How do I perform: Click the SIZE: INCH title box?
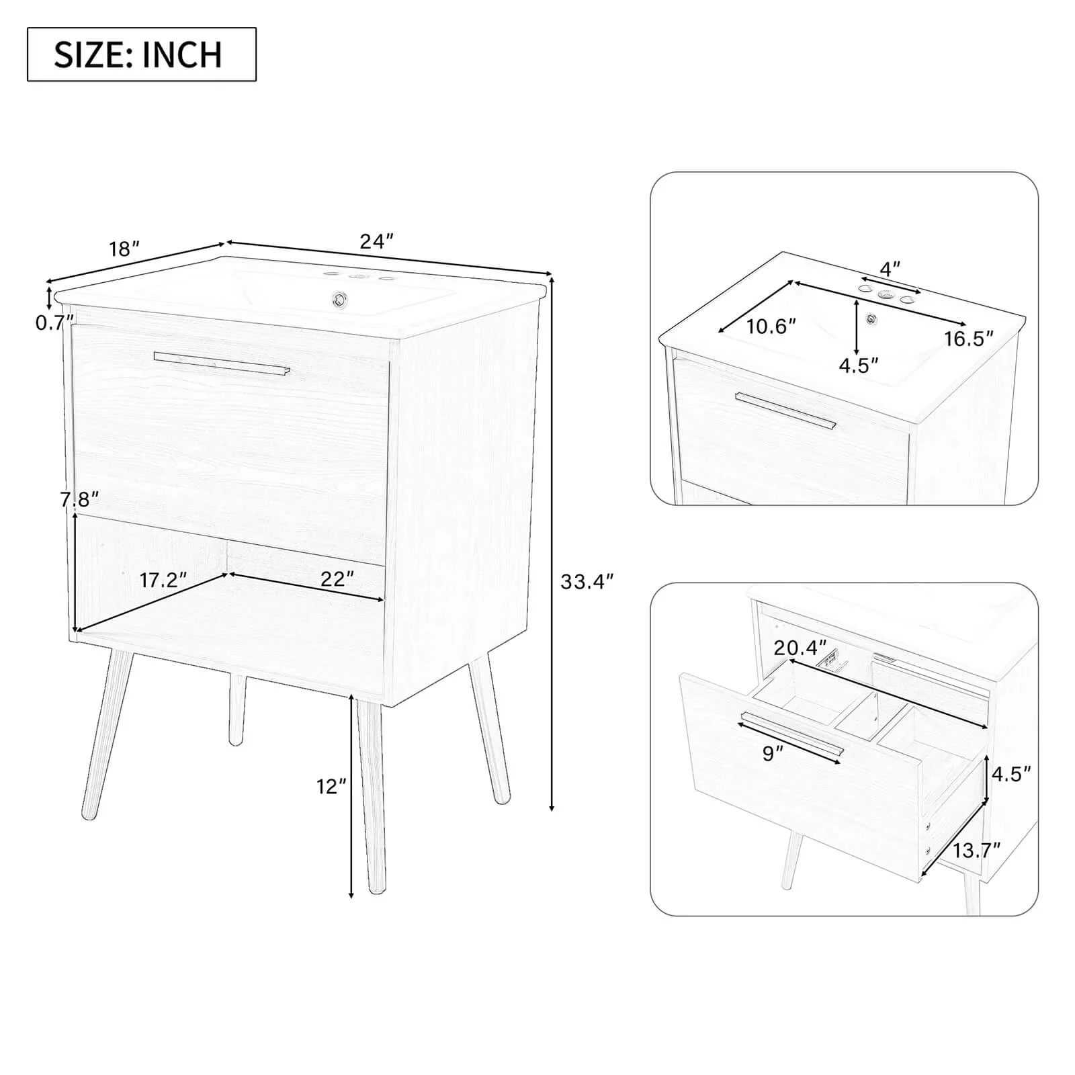tap(142, 54)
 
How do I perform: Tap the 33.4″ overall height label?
tap(587, 581)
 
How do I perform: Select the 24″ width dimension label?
tap(376, 241)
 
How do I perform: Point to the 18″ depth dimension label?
tap(124, 249)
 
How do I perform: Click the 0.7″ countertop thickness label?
tap(54, 322)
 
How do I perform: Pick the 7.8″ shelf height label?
tap(79, 499)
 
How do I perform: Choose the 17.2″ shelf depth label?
tap(163, 580)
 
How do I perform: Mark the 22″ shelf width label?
tap(337, 578)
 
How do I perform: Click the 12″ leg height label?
tap(332, 786)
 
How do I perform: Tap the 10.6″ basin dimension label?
tap(771, 327)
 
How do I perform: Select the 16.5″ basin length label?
tap(969, 339)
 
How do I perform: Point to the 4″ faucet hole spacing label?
tap(890, 269)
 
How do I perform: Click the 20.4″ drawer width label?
tap(800, 648)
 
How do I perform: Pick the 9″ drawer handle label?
tap(773, 754)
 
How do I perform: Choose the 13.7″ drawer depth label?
tap(977, 851)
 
